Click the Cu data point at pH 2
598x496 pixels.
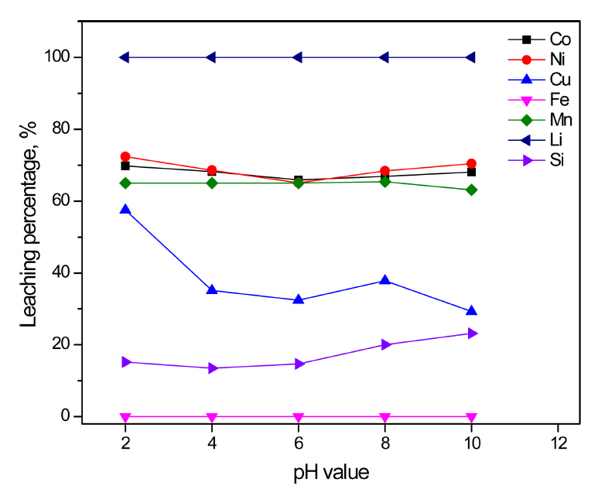125,210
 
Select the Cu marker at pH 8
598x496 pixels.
384,280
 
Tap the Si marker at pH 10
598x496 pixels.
471,334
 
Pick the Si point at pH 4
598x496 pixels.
212,368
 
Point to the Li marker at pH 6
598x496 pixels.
298,57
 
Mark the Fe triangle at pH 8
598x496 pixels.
384,417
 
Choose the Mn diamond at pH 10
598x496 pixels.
471,190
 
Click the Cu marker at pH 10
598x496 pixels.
471,310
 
